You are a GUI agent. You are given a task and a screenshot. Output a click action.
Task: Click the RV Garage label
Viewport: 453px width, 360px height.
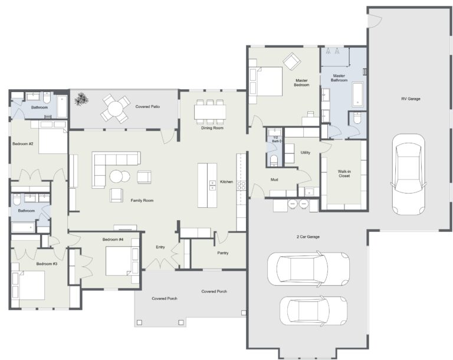pos(410,99)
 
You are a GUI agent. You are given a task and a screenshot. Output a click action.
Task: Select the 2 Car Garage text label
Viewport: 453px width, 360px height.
pos(307,237)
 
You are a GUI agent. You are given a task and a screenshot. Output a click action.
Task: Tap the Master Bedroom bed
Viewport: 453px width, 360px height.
pos(267,81)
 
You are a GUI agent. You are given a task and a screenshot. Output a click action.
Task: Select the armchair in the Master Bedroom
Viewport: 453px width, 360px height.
pos(291,61)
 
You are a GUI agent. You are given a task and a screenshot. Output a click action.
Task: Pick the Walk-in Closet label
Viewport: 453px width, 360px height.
pos(344,174)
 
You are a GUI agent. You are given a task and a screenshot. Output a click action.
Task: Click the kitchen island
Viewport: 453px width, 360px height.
pos(207,185)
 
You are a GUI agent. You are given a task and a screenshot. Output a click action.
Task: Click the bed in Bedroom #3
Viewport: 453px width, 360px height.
pos(29,285)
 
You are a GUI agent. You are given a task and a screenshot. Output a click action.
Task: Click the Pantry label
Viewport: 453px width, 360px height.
pos(222,253)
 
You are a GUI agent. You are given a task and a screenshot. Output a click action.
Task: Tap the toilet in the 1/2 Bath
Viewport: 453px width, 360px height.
pos(273,160)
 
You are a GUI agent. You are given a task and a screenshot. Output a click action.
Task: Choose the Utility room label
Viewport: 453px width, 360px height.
pos(305,152)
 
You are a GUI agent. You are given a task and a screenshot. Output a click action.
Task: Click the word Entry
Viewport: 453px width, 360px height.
pos(160,247)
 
